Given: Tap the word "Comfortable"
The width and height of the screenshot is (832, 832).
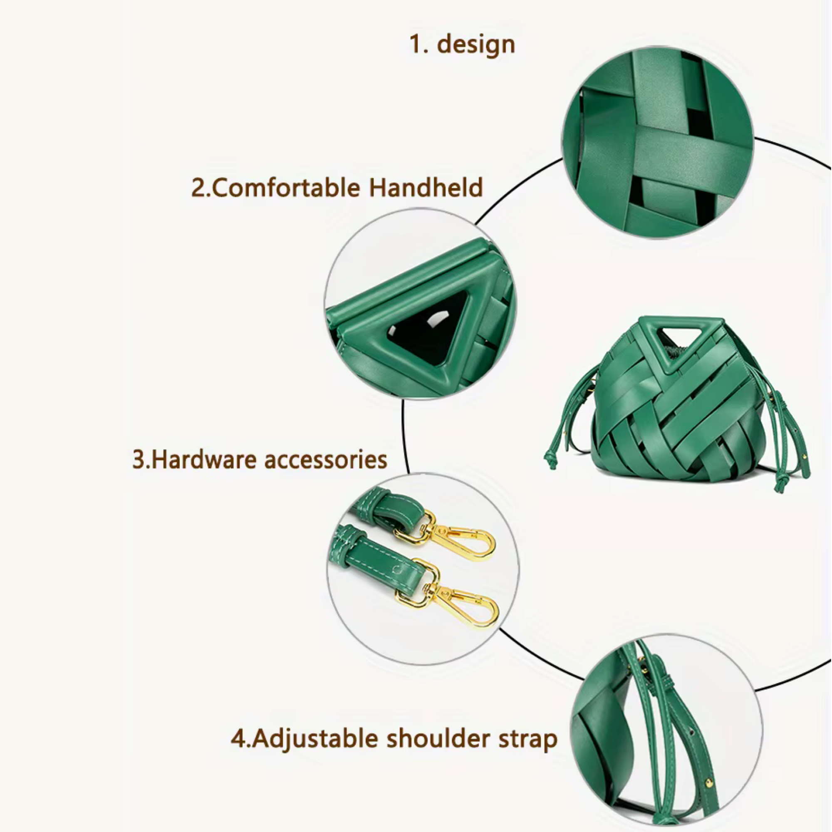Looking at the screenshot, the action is click(x=286, y=188).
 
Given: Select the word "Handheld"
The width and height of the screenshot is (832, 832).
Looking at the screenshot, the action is click(x=426, y=187).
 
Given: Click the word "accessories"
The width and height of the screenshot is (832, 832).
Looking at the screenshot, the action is click(x=326, y=460).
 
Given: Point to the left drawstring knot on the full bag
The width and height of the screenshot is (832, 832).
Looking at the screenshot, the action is click(x=551, y=461).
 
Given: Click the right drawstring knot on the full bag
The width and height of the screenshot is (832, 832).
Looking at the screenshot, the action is click(x=780, y=485).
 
